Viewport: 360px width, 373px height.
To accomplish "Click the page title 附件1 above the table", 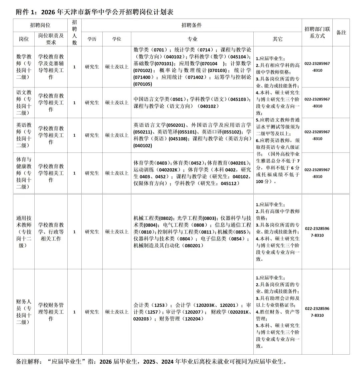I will point(94,12).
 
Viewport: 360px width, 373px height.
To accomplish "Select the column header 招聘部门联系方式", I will point(317,32).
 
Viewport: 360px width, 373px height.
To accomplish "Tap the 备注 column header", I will point(341,32).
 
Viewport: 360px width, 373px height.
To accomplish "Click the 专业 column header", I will point(192,39).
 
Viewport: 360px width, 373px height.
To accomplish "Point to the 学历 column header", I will point(92,39).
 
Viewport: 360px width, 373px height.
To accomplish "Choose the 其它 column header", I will point(277,39).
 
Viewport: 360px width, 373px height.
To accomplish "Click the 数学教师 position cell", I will point(24,67).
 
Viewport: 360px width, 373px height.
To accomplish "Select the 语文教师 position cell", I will point(24,102).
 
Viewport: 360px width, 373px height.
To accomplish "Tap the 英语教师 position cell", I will point(24,135).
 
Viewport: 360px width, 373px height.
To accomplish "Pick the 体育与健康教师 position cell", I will point(24,173).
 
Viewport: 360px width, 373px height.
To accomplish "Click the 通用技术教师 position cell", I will point(24,232).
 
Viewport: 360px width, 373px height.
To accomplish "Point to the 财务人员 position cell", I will point(24,312).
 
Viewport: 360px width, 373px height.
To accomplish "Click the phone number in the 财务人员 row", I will point(317,312).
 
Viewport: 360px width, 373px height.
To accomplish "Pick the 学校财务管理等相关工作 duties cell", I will point(51,312).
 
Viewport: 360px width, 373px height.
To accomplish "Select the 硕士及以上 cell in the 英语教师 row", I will point(117,135).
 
